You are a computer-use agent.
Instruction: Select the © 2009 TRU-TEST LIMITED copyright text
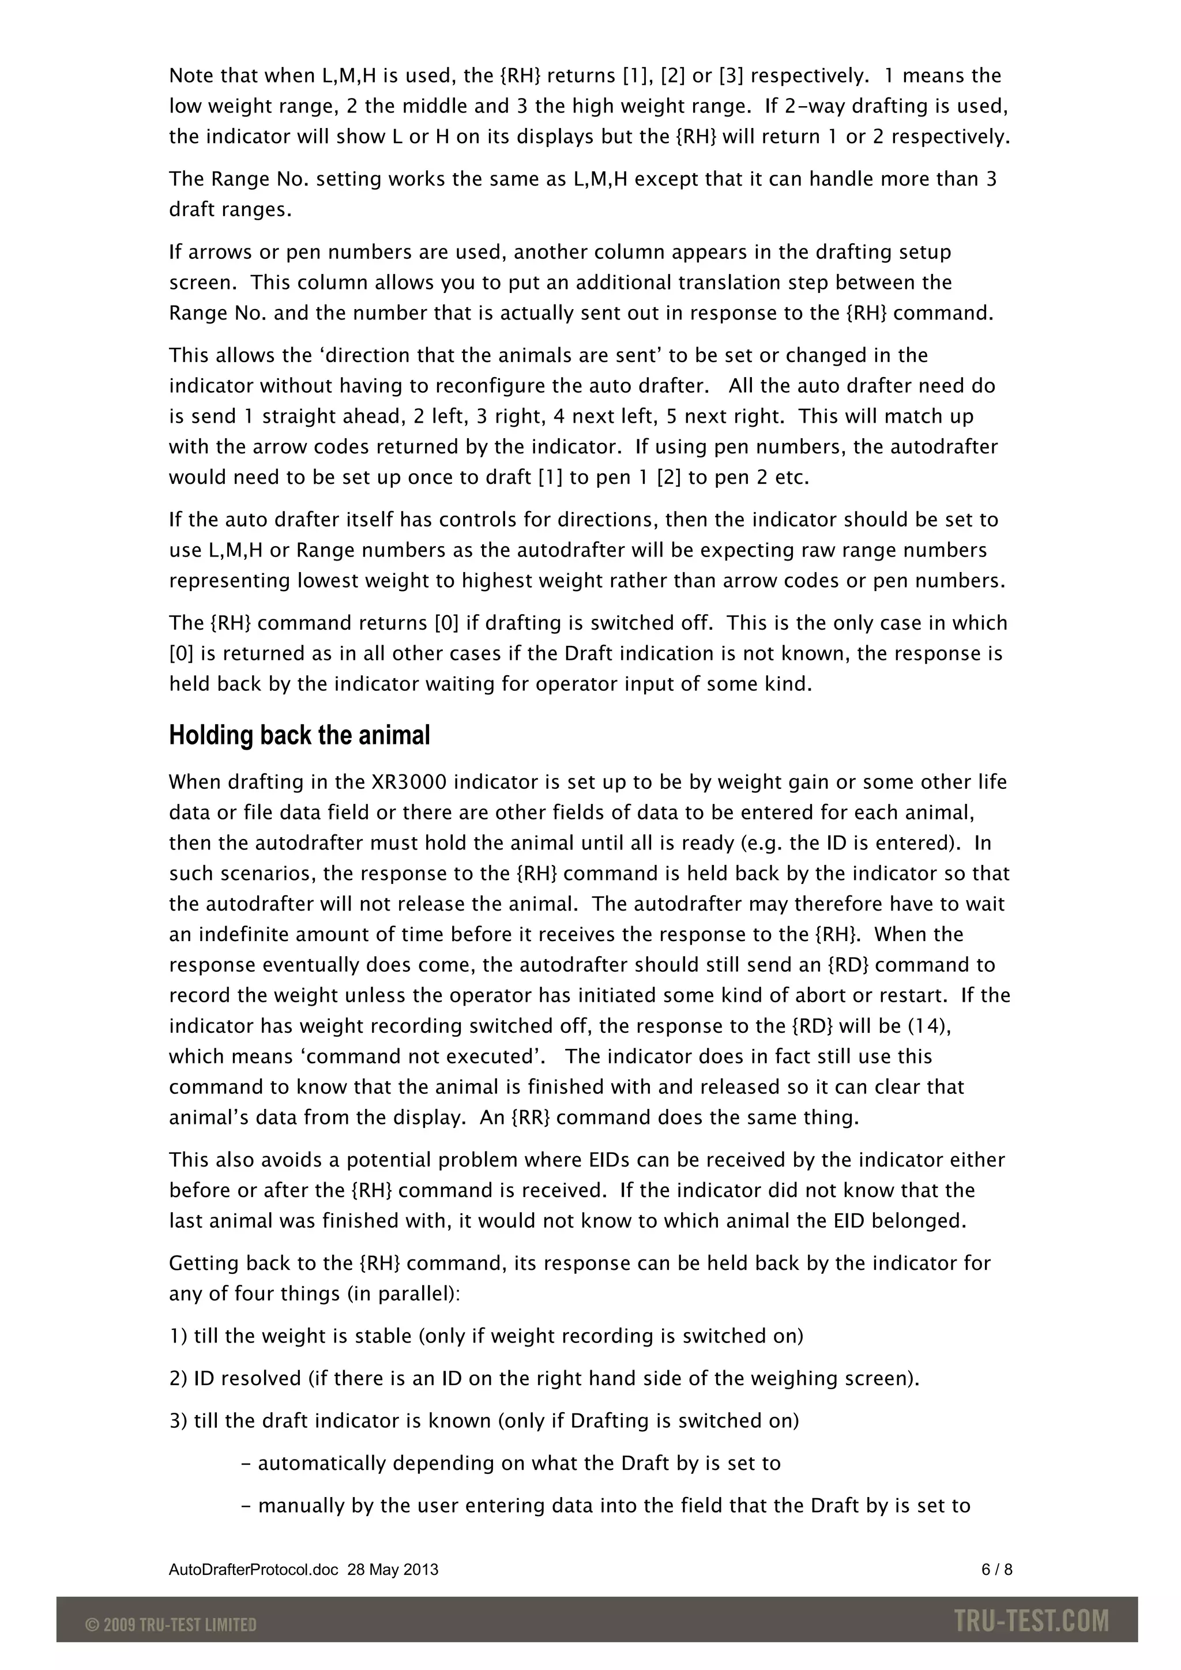point(171,1624)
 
